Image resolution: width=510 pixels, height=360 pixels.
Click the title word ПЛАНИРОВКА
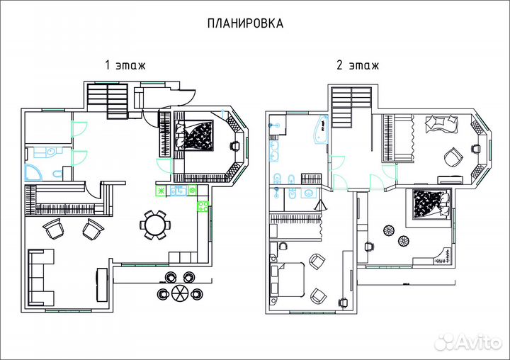tap(245, 23)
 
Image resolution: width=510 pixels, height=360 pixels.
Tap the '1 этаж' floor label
tap(125, 65)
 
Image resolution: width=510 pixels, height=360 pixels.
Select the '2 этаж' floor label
tap(357, 65)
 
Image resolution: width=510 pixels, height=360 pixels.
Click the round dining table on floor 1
tap(154, 225)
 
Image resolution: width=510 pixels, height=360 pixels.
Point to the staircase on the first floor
tap(109, 100)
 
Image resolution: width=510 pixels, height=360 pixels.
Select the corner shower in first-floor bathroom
tap(33, 171)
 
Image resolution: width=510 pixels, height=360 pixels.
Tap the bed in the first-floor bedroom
tap(194, 134)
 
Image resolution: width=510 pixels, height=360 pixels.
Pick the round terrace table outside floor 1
tap(178, 292)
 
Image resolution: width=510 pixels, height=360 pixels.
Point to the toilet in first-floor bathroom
tap(58, 173)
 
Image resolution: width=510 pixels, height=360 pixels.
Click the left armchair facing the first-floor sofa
tap(54, 229)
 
